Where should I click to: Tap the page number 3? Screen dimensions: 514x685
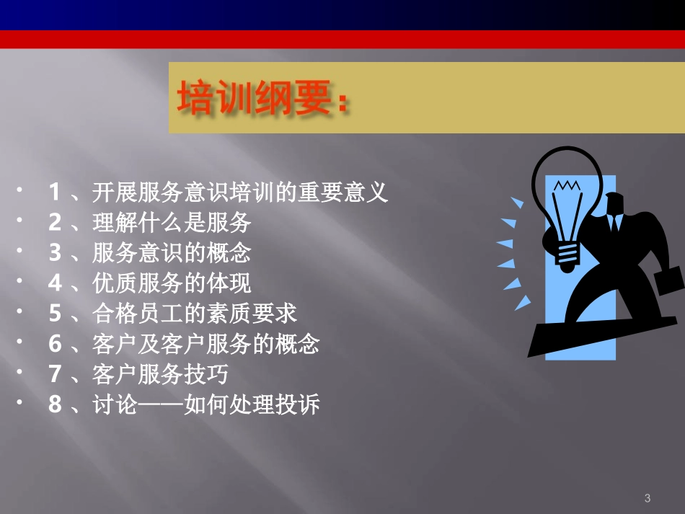click(647, 498)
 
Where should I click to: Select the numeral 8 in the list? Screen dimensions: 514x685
click(55, 404)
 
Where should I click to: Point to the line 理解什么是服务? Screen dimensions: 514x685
click(172, 223)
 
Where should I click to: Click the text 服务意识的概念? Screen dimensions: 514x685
click(172, 253)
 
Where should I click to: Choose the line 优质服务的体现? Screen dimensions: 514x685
click(172, 283)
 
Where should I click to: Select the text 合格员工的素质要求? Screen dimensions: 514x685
click(195, 314)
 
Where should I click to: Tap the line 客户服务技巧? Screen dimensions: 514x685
click(161, 374)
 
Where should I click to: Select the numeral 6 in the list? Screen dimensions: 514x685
click(55, 344)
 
